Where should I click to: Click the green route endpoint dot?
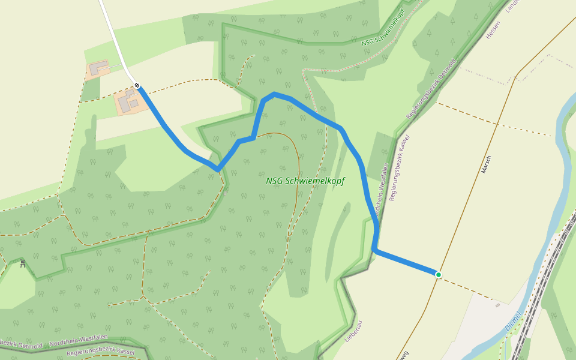point(439,275)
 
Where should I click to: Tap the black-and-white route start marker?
point(137,85)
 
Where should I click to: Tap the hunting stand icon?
point(23,263)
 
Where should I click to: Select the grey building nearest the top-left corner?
point(98,66)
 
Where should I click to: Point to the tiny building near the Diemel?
point(497,305)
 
